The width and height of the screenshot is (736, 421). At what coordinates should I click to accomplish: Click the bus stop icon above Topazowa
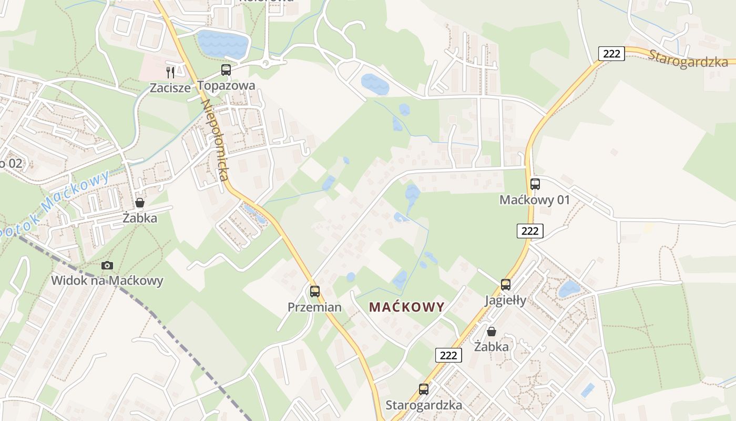226,69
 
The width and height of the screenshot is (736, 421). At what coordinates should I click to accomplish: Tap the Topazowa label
227,86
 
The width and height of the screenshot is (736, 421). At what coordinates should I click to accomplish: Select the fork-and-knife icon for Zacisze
170,72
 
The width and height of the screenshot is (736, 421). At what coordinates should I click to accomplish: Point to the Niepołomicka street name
215,139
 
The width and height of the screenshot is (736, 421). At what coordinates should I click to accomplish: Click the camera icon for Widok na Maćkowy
107,265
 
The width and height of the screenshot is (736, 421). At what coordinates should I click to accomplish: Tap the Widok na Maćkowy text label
107,280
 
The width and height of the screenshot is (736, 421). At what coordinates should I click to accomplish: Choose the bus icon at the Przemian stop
315,291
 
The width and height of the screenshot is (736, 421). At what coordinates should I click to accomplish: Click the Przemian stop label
314,307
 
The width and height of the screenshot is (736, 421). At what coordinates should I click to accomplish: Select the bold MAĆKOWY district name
407,307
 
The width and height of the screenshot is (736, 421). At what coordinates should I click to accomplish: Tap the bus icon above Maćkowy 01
535,184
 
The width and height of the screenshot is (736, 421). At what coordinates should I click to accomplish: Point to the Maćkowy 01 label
535,200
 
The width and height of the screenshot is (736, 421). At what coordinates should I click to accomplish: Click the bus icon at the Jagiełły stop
506,285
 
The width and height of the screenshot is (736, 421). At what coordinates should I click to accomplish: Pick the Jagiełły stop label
505,300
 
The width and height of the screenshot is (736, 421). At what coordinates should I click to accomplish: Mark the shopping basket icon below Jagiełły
492,332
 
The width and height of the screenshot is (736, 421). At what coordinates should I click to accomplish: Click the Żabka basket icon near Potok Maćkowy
140,203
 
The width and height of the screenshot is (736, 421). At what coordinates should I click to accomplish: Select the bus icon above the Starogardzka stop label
424,389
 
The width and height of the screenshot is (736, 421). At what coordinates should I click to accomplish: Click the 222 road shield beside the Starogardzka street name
611,53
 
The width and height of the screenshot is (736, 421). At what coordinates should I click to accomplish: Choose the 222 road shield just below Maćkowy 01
529,230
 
